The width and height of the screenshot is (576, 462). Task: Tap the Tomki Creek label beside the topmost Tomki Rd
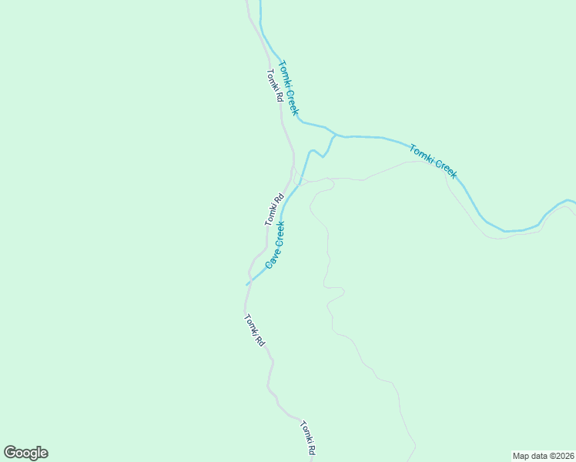288,88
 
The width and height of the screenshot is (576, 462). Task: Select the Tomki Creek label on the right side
433,161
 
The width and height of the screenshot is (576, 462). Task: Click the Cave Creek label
276,244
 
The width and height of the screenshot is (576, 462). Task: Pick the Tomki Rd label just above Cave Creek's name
274,209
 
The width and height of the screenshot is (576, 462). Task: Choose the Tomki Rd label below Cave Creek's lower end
254,330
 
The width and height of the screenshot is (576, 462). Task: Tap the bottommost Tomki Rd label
308,439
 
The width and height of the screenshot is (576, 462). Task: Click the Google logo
25,453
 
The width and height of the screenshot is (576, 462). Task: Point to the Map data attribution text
543,455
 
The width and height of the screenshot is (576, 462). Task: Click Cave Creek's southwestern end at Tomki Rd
248,284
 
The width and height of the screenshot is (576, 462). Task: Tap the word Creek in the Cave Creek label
279,234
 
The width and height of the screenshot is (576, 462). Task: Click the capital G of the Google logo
10,453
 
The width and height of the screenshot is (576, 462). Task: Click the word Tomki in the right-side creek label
420,152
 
